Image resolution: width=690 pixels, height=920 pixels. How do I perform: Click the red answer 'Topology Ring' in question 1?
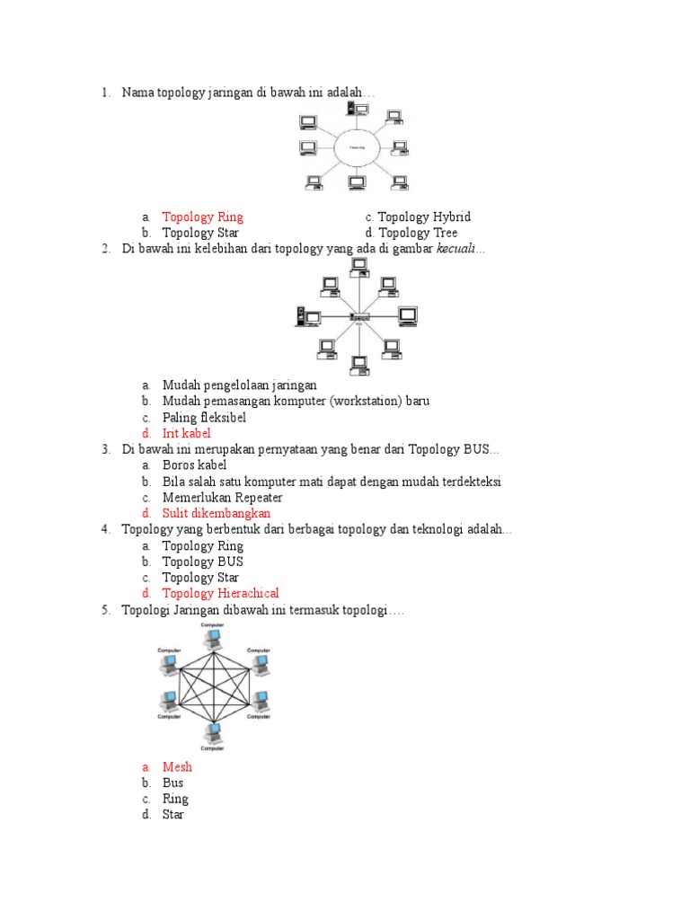coord(202,217)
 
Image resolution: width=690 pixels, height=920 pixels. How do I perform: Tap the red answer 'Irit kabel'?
coord(186,434)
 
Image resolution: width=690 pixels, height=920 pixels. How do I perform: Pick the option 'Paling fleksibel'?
coord(204,418)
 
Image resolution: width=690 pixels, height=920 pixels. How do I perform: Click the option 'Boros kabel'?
coord(194,465)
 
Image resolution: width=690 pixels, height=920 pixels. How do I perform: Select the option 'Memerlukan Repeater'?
coord(222,498)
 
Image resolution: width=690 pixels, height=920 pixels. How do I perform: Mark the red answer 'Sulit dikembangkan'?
coord(216,514)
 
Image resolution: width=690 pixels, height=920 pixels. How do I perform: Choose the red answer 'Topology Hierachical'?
coord(220,594)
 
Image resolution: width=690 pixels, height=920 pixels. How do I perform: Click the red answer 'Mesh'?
coord(177,767)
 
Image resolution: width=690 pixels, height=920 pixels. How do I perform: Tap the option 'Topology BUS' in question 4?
coord(202,562)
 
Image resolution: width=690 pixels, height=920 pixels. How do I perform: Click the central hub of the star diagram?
coord(358,318)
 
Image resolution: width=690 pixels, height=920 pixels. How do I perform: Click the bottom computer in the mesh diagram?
coord(213,733)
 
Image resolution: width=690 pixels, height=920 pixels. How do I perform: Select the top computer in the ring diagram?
coord(358,110)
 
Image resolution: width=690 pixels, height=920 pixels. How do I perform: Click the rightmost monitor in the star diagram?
coord(408,315)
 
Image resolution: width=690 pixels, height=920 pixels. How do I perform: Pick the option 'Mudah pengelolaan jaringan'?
coord(239,385)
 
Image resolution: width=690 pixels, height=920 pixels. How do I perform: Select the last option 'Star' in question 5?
coord(172,815)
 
